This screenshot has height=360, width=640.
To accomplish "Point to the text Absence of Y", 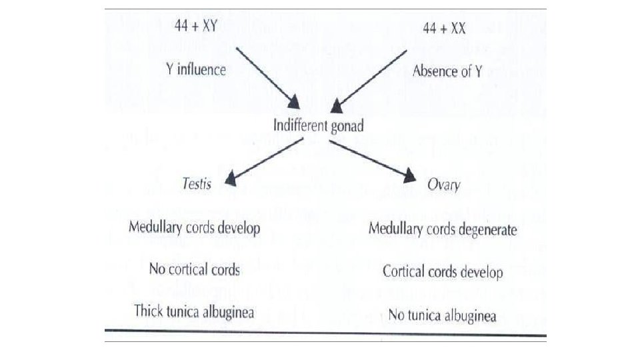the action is [447, 71].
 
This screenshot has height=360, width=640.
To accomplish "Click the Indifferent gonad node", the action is [319, 125].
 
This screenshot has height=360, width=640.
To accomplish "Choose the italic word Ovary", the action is [443, 184].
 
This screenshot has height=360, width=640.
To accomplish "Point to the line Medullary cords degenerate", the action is [443, 230].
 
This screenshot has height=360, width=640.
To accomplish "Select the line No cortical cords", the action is [194, 269].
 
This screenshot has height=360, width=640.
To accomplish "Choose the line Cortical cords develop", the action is [443, 271].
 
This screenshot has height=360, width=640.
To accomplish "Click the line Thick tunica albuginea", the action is [194, 311].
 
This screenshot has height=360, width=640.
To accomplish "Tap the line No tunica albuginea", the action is [442, 314].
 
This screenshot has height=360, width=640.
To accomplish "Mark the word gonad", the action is [345, 127].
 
